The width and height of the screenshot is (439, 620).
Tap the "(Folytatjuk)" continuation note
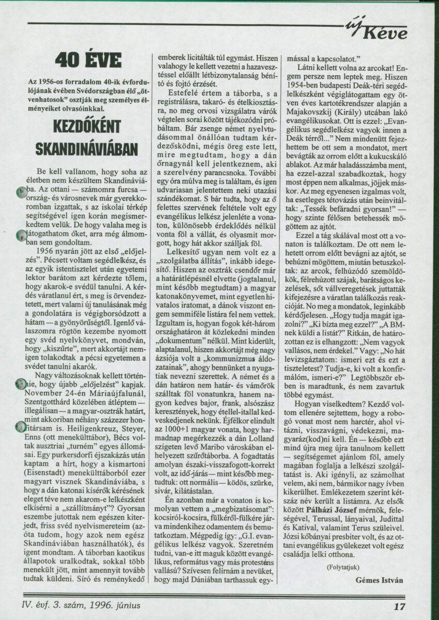(x=344, y=567)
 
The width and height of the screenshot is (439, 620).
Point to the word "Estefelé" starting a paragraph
(x=179, y=91)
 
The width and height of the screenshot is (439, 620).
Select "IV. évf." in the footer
(x=38, y=605)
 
